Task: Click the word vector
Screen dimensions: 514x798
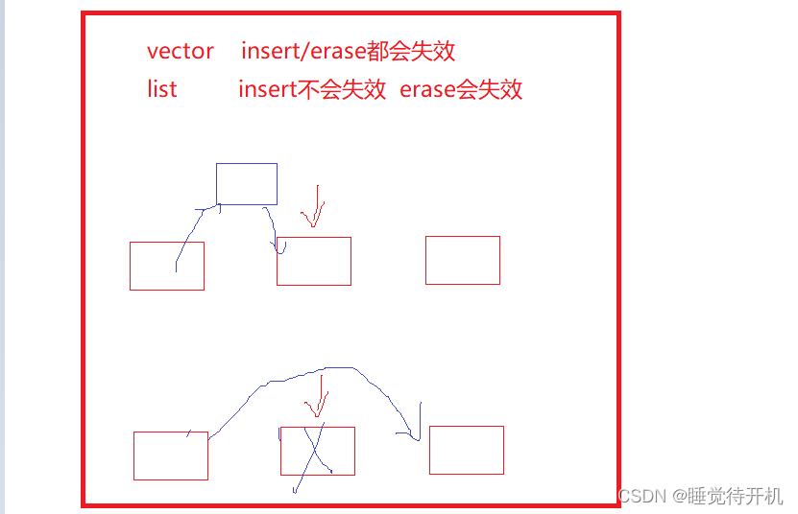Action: coord(181,51)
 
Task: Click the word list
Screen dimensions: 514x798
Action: coord(162,90)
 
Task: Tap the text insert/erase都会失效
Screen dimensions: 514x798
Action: coord(348,51)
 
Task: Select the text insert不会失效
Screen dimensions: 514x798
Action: coord(312,90)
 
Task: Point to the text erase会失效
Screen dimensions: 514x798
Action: coord(461,90)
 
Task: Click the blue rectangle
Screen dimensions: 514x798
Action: coord(246,183)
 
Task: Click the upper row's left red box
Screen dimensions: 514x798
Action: coord(167,266)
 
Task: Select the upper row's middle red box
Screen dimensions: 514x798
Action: coord(314,261)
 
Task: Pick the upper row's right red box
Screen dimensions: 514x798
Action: coord(463,260)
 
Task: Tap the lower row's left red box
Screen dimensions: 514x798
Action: coord(171,456)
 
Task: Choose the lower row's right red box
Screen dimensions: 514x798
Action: coord(467,450)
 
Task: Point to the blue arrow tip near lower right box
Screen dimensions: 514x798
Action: coord(417,439)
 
